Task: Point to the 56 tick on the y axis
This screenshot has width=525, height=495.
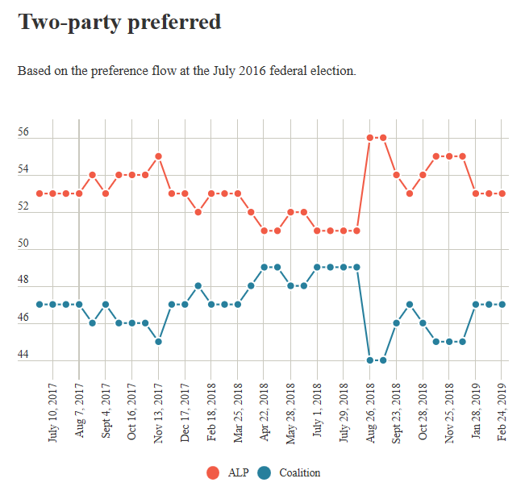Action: point(23,133)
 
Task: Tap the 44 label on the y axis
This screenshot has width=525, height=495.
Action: point(23,356)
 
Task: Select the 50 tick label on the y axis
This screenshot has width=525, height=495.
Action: point(23,244)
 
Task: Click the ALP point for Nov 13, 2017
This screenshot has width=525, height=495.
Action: point(159,156)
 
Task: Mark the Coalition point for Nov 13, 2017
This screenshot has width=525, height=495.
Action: point(159,342)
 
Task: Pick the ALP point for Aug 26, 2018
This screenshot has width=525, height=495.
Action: point(370,138)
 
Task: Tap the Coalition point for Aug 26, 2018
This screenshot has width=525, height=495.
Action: point(370,360)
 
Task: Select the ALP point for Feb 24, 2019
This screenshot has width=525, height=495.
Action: point(502,193)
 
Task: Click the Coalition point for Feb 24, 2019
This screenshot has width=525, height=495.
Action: point(502,305)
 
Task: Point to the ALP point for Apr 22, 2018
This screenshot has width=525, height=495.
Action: point(265,231)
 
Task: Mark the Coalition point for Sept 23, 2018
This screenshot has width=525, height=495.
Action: point(396,323)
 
